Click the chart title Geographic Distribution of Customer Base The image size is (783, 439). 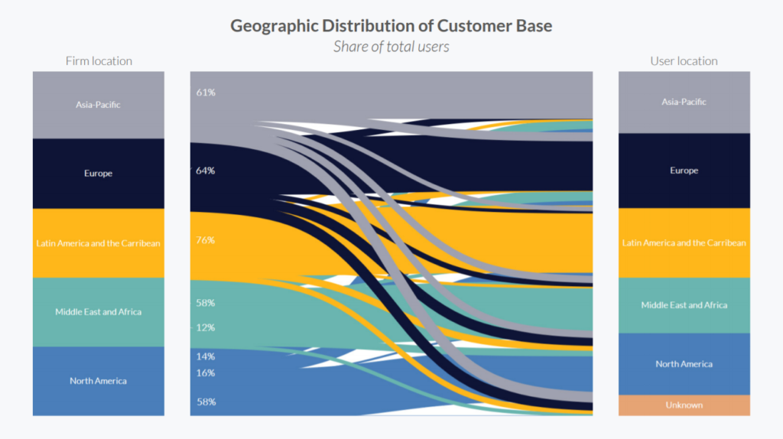(x=391, y=25)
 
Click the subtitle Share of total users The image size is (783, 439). (x=391, y=47)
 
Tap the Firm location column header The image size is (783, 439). (x=99, y=61)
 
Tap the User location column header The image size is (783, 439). (x=684, y=61)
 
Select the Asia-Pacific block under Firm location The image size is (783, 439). (x=98, y=105)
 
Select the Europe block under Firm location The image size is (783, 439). (x=98, y=174)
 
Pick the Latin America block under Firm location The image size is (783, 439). (x=98, y=243)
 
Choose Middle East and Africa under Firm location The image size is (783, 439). (x=98, y=312)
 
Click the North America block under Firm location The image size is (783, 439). (x=98, y=381)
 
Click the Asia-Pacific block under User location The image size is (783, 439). (x=684, y=102)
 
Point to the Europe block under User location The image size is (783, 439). (x=684, y=171)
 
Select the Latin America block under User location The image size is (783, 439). (x=684, y=243)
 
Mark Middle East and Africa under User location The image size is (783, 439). (x=684, y=305)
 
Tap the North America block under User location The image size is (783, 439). (x=684, y=364)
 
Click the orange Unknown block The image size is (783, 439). (x=684, y=405)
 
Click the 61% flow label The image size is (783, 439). (x=206, y=93)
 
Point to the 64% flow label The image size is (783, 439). (x=206, y=171)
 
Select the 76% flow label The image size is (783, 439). (x=206, y=240)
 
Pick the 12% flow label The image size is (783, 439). (x=206, y=327)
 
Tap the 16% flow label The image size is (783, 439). (x=206, y=372)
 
